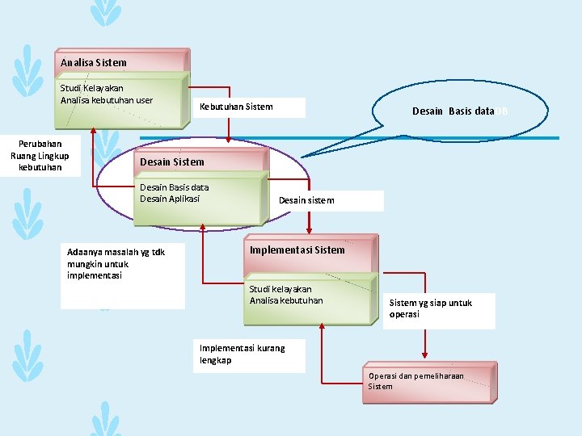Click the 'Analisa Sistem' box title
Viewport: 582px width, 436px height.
pos(94,62)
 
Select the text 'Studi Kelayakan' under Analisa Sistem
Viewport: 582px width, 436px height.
pos(92,88)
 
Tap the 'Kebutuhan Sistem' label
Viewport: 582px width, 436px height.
pos(236,107)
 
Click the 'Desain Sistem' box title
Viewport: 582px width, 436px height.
pos(172,161)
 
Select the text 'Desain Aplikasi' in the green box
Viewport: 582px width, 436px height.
pos(170,199)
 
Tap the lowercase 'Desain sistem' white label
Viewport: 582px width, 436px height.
pos(306,200)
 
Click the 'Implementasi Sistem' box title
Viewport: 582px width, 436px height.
pos(297,249)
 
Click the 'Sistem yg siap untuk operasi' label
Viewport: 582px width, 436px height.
pos(431,308)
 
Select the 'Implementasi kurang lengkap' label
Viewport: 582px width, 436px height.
pos(242,354)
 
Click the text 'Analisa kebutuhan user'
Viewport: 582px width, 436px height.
pos(107,100)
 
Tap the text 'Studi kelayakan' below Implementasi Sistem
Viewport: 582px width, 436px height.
pos(280,288)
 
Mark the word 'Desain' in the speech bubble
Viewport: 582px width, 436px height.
pos(428,111)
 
